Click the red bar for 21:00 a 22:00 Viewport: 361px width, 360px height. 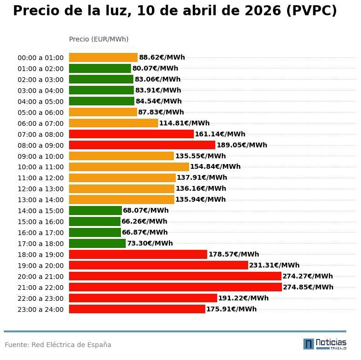coord(175,287)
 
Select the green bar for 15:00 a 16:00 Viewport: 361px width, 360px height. coord(95,222)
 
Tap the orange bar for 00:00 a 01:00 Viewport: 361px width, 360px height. coord(103,58)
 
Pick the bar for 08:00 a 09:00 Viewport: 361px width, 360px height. coord(142,145)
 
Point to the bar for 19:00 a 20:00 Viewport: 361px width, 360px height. coord(159,265)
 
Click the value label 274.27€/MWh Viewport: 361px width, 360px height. coord(308,277)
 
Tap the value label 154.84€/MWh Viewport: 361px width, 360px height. coord(215,167)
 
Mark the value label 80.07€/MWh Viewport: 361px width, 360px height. coord(155,69)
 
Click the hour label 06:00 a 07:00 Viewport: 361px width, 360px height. coord(40,123)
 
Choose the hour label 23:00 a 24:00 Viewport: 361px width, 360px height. coord(40,309)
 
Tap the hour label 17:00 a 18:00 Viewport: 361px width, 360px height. coord(40,244)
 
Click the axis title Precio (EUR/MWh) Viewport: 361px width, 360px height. coord(99,39)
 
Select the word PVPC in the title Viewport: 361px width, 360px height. coord(311,11)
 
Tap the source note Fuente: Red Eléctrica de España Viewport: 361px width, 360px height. coord(58,345)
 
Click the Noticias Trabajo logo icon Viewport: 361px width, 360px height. coord(309,344)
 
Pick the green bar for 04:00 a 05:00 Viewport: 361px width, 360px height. coord(101,101)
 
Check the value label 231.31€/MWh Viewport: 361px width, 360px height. coord(274,266)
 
